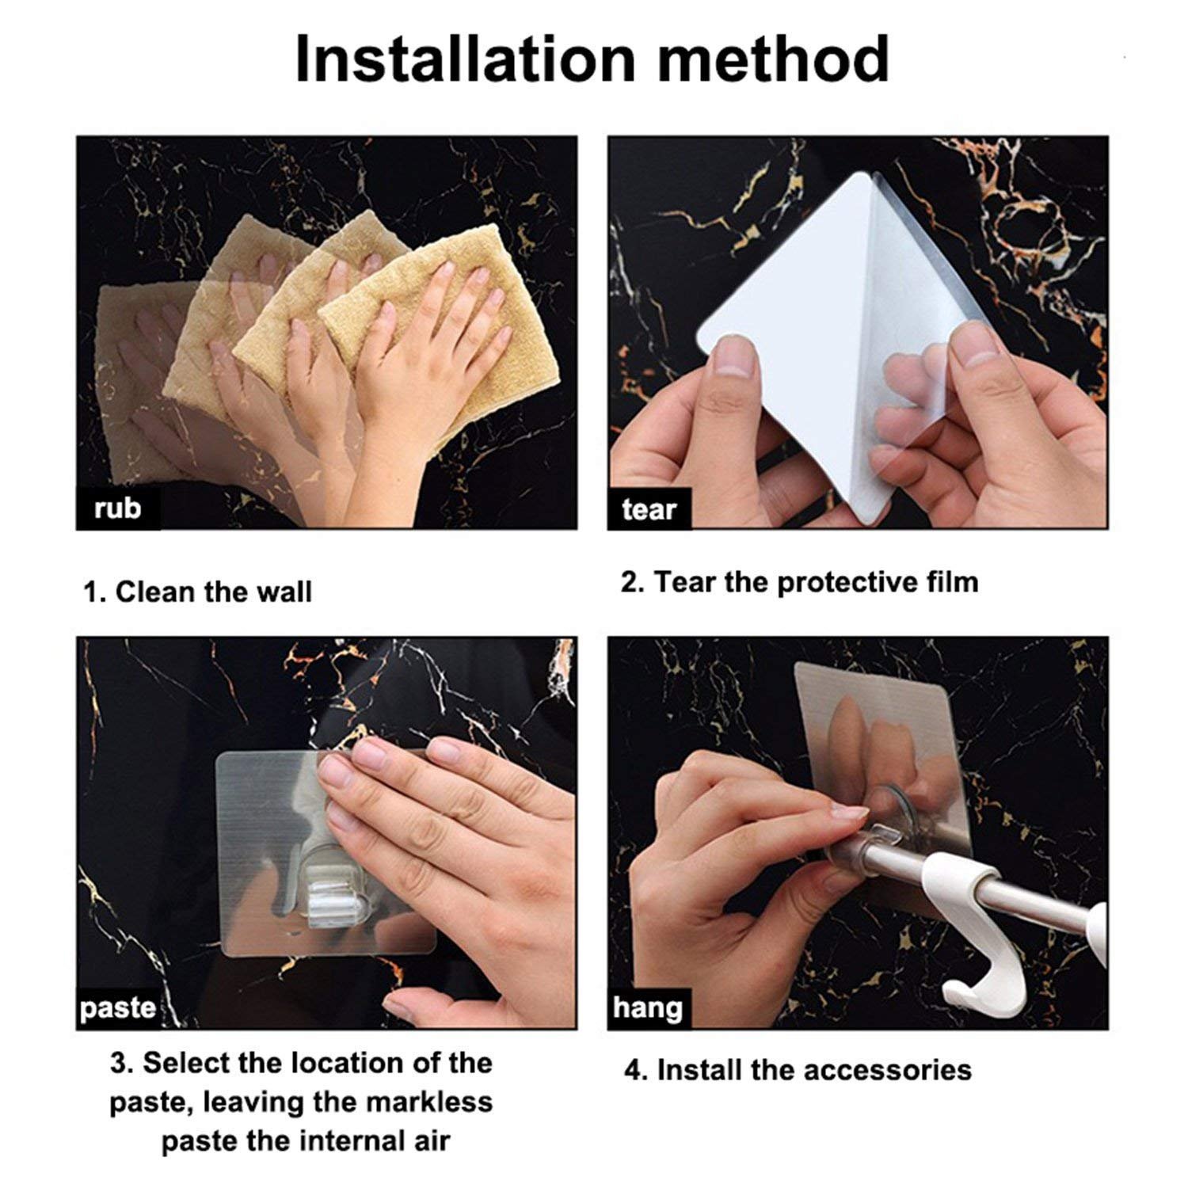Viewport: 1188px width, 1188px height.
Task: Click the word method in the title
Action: pyautogui.click(x=773, y=59)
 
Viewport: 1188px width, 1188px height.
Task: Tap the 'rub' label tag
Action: pyautogui.click(x=118, y=508)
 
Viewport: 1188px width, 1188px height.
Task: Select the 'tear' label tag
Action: pyautogui.click(x=649, y=509)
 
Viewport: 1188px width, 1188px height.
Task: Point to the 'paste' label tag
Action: pyautogui.click(x=118, y=1008)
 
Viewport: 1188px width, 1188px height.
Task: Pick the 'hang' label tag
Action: pyautogui.click(x=648, y=1008)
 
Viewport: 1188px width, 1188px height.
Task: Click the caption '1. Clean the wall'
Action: pyautogui.click(x=198, y=592)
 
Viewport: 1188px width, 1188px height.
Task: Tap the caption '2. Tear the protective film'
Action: pyautogui.click(x=800, y=582)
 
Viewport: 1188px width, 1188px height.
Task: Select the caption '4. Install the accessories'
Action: pyautogui.click(x=798, y=1070)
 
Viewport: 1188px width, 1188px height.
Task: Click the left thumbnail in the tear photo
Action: pyautogui.click(x=729, y=363)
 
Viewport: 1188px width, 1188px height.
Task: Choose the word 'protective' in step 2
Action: pyautogui.click(x=847, y=583)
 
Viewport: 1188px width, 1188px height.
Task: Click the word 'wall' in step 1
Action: pyautogui.click(x=283, y=592)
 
